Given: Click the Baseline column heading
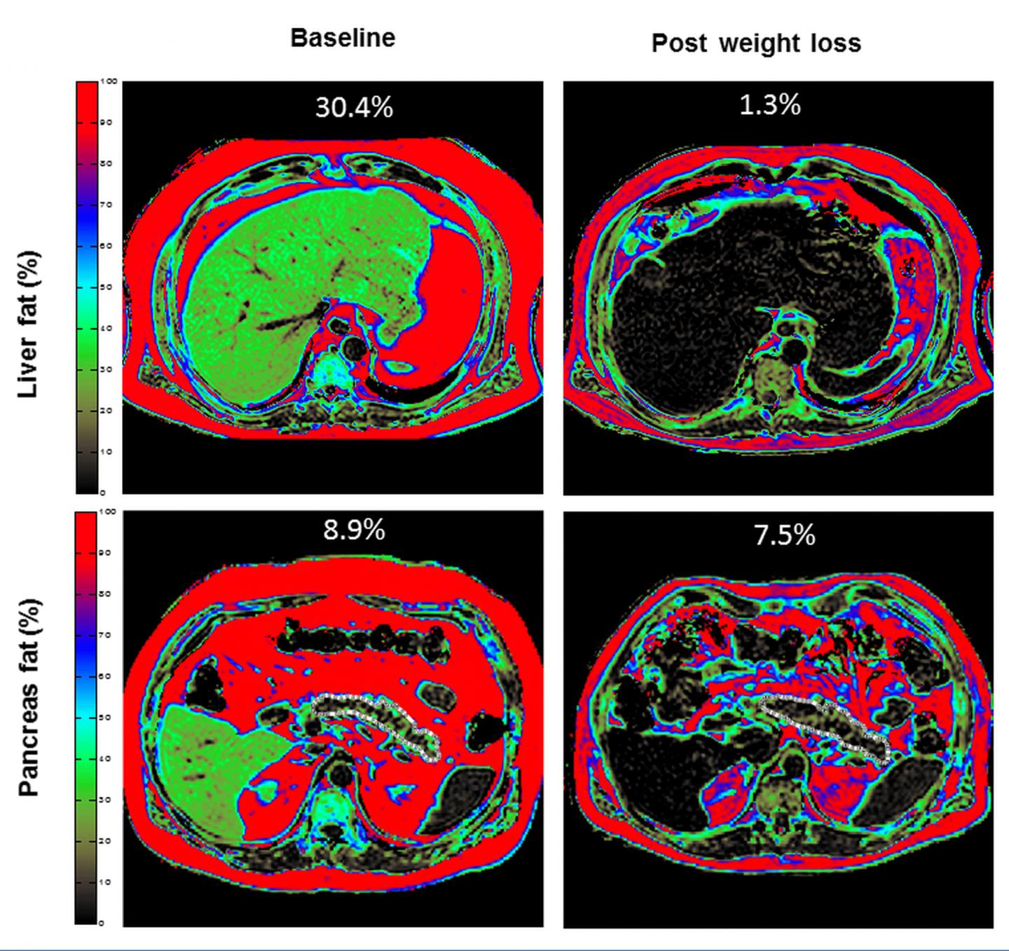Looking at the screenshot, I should [x=343, y=38].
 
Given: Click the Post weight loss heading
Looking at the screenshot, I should [x=756, y=43].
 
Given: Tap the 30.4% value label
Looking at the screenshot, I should [x=354, y=107].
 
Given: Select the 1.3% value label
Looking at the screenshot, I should [x=769, y=104].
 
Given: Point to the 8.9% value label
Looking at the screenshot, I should [x=354, y=531].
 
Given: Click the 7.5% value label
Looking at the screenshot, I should [x=784, y=535].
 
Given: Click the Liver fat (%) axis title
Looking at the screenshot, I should [x=29, y=324].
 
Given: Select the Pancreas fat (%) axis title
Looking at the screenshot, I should [x=29, y=697].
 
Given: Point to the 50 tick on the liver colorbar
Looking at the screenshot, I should [x=107, y=287].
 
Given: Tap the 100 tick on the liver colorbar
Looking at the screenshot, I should [x=109, y=81].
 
